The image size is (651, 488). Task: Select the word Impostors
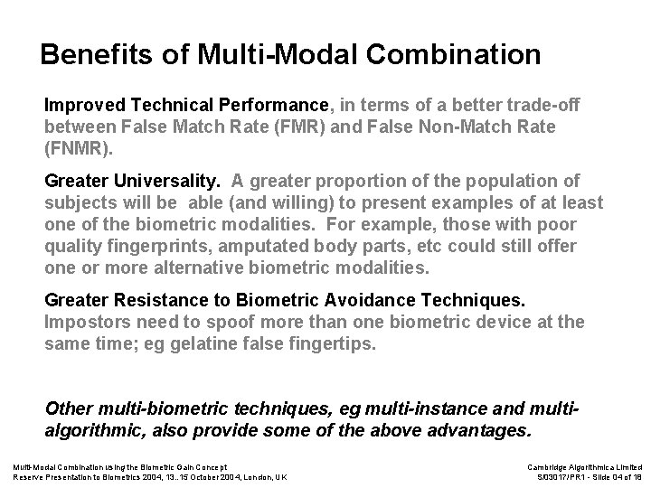click(87, 323)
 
